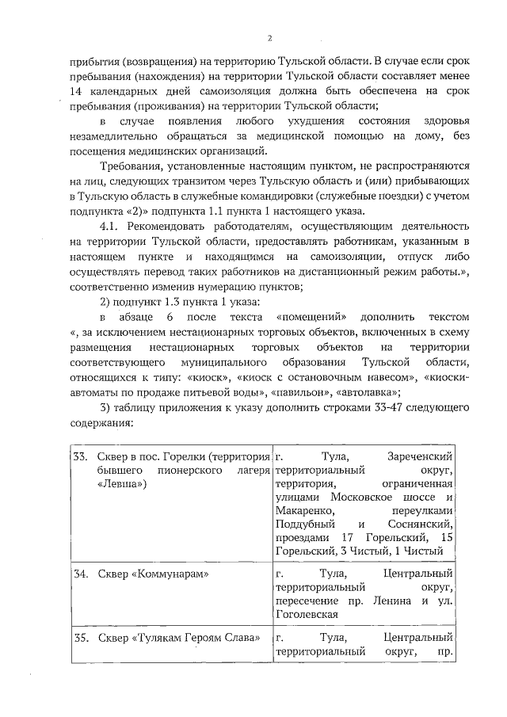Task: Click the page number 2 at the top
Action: pyautogui.click(x=269, y=37)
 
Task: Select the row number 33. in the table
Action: pyautogui.click(x=80, y=457)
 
